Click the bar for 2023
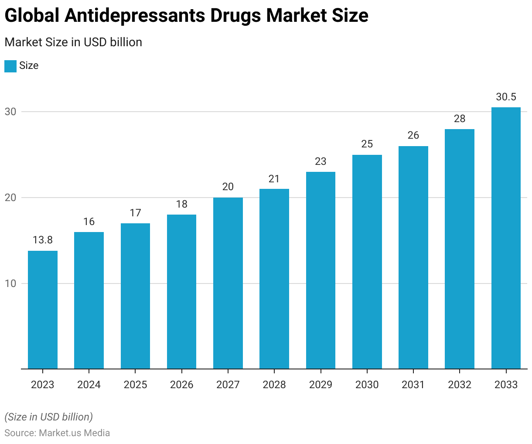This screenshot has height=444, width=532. (43, 310)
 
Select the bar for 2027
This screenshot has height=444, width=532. (228, 283)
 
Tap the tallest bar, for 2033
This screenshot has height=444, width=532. (506, 238)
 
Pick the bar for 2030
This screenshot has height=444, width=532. (367, 262)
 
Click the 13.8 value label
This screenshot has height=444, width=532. (43, 240)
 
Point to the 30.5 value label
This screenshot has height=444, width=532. (506, 97)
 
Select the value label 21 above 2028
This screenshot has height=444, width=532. (274, 179)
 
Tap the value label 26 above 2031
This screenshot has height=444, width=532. (413, 136)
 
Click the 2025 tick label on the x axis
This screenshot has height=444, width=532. (135, 385)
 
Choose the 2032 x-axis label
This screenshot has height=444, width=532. (460, 385)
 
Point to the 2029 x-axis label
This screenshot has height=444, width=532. (321, 385)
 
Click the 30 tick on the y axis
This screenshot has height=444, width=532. (10, 112)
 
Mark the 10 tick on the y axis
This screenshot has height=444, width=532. (10, 283)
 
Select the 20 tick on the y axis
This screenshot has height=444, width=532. (10, 198)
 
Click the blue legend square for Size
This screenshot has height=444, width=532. (10, 66)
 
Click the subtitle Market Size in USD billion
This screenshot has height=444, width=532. (73, 42)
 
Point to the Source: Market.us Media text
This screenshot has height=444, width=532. (57, 433)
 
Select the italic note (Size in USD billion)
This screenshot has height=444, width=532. (49, 417)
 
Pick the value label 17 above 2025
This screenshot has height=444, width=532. (135, 213)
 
